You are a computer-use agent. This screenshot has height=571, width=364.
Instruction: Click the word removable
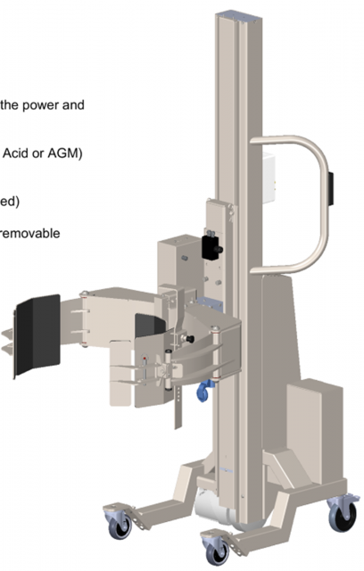tap(29, 233)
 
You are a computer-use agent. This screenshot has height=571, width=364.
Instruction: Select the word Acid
tap(15, 153)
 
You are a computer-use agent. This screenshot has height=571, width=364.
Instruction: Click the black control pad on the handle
tap(330, 189)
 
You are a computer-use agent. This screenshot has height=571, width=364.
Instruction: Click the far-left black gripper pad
tap(37, 335)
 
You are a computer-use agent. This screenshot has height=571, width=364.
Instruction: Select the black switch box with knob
tap(211, 248)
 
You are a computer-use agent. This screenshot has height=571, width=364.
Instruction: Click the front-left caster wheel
tap(120, 525)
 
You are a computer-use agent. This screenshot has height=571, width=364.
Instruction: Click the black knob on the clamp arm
tap(190, 339)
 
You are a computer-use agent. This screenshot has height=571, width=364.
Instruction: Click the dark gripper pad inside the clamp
tap(148, 325)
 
